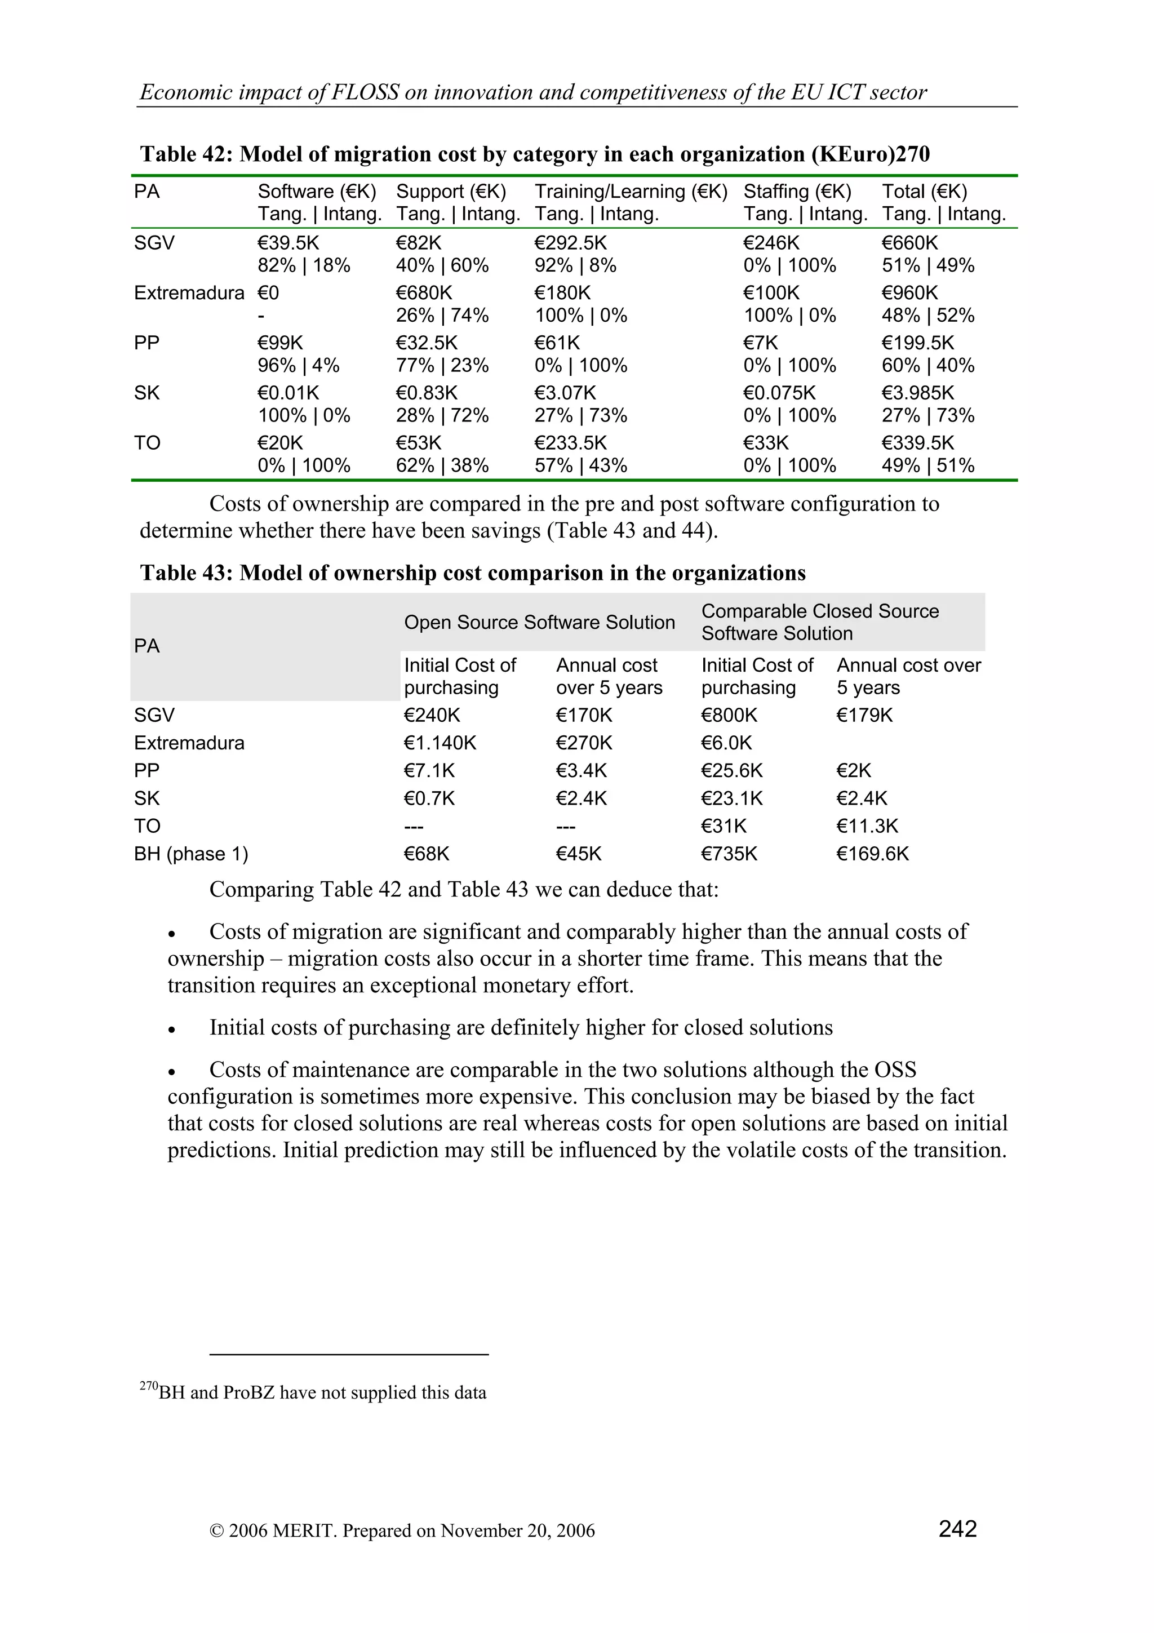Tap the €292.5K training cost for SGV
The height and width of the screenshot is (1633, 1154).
click(x=570, y=243)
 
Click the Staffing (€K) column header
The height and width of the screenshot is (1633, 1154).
click(x=797, y=192)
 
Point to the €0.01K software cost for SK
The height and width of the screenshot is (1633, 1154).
click(x=288, y=393)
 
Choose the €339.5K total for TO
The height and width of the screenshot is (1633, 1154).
click(x=917, y=443)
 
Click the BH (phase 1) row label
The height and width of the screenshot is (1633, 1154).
click(x=190, y=854)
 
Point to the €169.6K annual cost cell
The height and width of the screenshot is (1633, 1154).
click(x=872, y=854)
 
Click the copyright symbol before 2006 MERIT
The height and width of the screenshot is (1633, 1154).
click(x=216, y=1530)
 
